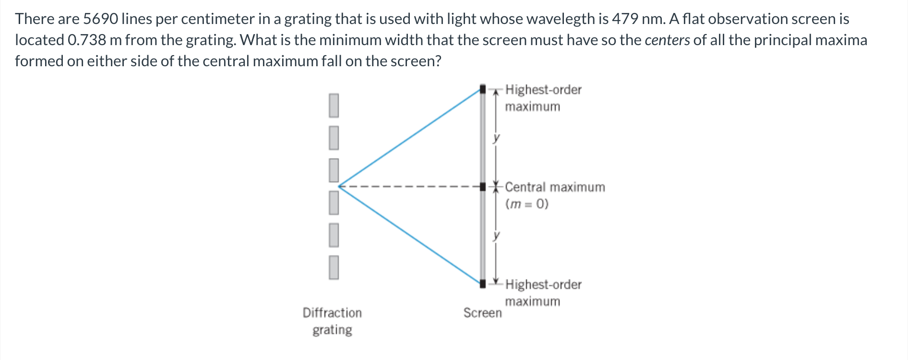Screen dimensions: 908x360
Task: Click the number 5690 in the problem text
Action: click(x=100, y=19)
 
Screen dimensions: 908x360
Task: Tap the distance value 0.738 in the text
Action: click(x=87, y=40)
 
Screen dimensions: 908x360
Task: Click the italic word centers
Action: click(x=667, y=40)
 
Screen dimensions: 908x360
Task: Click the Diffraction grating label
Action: click(x=332, y=321)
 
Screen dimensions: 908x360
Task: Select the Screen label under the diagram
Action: click(x=482, y=313)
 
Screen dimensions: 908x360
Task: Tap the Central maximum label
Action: click(x=555, y=187)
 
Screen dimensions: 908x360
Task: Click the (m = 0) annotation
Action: click(x=526, y=204)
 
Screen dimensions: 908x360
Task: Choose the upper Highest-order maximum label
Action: click(x=543, y=98)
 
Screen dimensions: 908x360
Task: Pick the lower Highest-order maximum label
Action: click(x=543, y=293)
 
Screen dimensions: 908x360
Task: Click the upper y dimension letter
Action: click(x=497, y=138)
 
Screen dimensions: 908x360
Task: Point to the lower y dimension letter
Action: click(x=497, y=235)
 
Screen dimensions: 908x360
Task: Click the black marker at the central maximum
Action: click(x=483, y=186)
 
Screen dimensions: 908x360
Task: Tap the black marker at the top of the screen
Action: click(x=483, y=89)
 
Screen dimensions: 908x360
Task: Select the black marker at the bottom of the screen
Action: click(x=483, y=284)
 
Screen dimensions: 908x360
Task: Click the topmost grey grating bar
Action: click(x=334, y=106)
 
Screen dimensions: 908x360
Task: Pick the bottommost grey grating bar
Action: click(x=334, y=267)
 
